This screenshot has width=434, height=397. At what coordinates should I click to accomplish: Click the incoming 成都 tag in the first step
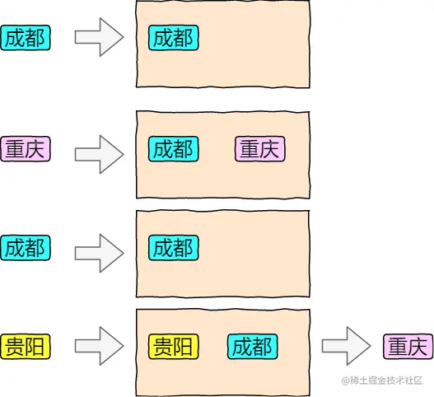pyautogui.click(x=26, y=37)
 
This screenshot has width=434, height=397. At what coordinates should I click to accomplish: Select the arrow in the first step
pyautogui.click(x=99, y=38)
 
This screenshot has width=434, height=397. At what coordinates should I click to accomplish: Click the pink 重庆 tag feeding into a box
pyautogui.click(x=26, y=149)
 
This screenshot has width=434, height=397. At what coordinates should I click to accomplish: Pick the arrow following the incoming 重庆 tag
pyautogui.click(x=99, y=153)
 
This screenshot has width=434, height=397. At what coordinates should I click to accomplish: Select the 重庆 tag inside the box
pyautogui.click(x=260, y=149)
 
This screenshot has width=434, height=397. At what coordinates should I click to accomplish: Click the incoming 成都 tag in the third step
pyautogui.click(x=26, y=247)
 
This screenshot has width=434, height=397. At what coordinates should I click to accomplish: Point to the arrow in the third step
pyautogui.click(x=99, y=250)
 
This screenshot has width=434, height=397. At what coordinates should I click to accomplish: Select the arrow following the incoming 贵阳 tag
pyautogui.click(x=99, y=345)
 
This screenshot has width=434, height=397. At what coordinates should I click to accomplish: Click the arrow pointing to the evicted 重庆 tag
pyautogui.click(x=346, y=345)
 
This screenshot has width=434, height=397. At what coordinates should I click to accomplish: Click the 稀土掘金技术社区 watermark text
pyautogui.click(x=385, y=381)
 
